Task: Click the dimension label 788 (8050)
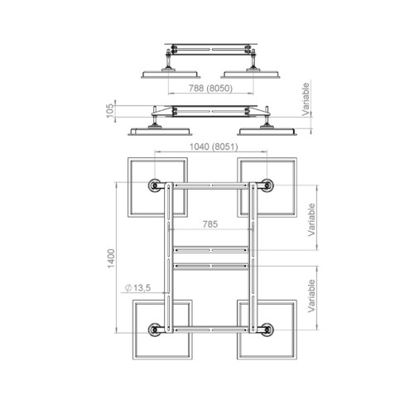210,89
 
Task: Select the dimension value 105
110,110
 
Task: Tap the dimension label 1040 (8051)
214,147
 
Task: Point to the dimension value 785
210,224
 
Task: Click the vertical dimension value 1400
111,258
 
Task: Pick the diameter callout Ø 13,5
137,288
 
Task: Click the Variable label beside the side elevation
306,99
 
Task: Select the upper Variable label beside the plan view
311,219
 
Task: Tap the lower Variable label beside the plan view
311,296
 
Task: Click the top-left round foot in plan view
154,185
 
